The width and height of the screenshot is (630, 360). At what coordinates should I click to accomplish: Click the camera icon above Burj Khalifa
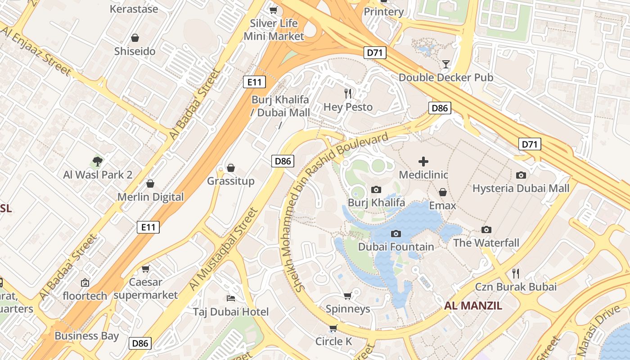point(376,190)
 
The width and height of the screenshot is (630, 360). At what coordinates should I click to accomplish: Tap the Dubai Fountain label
point(396,247)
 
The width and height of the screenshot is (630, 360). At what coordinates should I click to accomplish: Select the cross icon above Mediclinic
point(423,162)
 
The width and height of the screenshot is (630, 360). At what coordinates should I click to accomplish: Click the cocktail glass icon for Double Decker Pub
point(445,64)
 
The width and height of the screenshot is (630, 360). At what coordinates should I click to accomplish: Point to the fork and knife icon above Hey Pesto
point(348,94)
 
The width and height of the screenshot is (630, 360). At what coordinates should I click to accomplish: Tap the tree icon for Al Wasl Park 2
point(97,162)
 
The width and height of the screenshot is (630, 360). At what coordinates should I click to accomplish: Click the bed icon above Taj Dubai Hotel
point(231,298)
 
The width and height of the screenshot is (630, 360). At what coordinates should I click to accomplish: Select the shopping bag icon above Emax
point(443,193)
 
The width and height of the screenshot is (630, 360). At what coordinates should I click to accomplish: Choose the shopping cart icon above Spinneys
point(347,296)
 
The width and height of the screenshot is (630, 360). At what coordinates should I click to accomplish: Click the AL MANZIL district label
point(473,306)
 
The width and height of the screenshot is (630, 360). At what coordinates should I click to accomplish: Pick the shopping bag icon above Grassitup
point(231,168)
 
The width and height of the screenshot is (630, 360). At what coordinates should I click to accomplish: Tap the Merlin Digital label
point(150,197)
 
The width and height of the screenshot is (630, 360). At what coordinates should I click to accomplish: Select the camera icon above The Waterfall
point(486,230)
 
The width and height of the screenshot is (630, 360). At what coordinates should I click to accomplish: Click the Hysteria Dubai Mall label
point(521,189)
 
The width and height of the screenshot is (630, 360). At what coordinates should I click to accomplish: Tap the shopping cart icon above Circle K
point(333,328)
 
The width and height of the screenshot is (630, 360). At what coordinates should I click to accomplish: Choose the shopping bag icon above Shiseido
point(135,38)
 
